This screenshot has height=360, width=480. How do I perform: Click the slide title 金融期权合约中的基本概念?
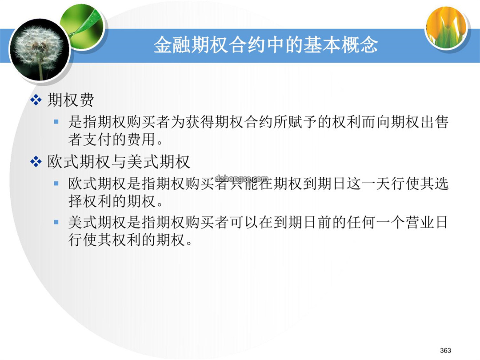(265, 45)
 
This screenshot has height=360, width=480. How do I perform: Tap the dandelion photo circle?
(40, 50)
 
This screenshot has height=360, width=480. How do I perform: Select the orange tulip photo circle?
(446, 27)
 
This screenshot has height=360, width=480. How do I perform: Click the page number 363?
(445, 350)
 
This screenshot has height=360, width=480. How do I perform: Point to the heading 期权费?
(71, 100)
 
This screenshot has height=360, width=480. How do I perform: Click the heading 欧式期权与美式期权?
(119, 162)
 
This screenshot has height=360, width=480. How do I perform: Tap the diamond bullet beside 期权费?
(36, 100)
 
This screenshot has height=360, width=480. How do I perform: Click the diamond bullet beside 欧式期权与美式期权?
(36, 162)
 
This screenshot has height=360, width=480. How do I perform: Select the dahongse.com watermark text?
(241, 179)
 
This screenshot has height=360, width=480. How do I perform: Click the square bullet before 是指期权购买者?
(56, 122)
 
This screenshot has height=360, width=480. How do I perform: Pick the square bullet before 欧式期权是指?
(56, 184)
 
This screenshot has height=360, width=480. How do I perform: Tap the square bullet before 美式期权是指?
(56, 222)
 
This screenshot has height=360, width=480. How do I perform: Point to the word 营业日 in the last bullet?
(427, 222)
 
